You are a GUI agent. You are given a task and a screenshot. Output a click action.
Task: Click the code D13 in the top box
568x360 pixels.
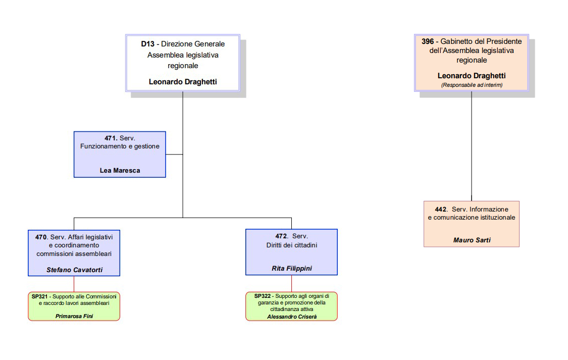point(147,44)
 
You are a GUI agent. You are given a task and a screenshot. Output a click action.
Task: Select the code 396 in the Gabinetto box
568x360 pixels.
point(428,41)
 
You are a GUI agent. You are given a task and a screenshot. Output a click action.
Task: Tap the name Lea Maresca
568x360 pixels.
point(120,171)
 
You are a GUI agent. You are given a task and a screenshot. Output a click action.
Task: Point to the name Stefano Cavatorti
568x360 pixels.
point(74,270)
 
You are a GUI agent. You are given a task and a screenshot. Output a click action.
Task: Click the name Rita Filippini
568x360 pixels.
point(291,269)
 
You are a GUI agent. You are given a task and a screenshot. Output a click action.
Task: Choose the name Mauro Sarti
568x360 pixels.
point(472,240)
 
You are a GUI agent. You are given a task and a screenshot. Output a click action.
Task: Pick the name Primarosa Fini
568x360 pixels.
point(74,316)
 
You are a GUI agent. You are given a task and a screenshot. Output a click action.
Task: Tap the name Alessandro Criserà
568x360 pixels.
point(291,317)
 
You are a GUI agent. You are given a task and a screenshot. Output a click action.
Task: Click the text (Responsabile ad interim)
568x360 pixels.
point(472,85)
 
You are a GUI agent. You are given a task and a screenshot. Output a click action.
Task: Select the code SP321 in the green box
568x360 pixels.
point(39,296)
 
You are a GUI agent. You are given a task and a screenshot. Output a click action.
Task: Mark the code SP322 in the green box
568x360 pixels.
point(262,296)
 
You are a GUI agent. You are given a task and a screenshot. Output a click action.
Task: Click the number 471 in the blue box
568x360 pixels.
point(111,138)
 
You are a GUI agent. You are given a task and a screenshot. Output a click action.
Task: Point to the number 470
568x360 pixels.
point(41,236)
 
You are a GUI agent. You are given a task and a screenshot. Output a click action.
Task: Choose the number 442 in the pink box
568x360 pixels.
point(441,209)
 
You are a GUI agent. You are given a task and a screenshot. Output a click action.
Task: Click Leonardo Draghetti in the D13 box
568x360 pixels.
point(183,81)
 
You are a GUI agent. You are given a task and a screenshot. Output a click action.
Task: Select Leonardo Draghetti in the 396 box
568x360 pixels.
point(472,76)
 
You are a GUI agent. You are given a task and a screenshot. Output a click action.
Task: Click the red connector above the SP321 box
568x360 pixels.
point(74,284)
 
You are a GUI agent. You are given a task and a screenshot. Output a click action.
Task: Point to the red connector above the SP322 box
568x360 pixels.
point(291,284)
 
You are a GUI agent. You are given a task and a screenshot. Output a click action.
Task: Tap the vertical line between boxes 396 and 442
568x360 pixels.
point(472,146)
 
